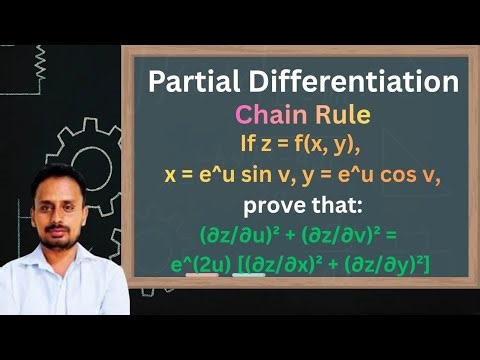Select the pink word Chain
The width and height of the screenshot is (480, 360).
(266, 116)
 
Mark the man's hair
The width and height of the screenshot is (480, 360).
(57, 177)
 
